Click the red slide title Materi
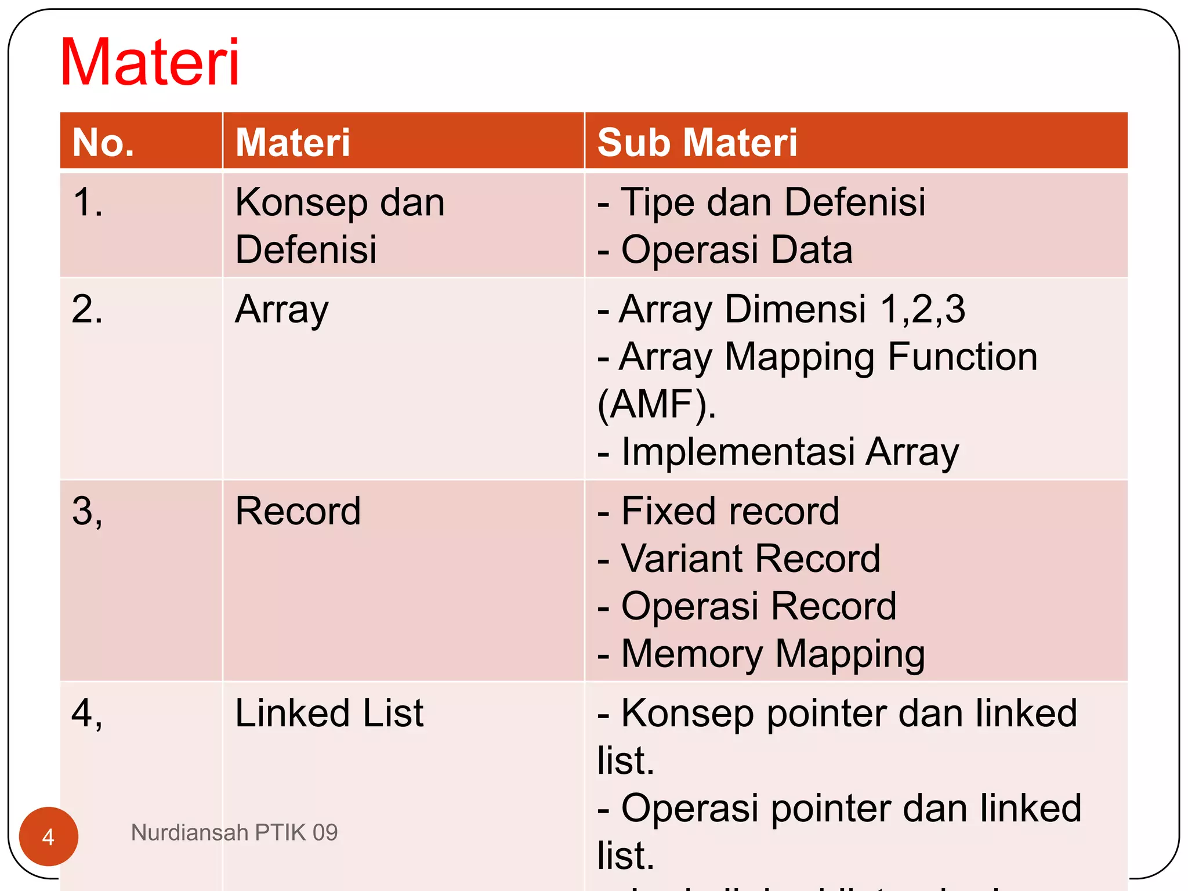tap(150, 61)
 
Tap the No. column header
tap(103, 143)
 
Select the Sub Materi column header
tap(697, 143)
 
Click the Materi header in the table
tap(293, 143)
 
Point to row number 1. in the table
tap(88, 203)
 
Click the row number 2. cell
tap(88, 309)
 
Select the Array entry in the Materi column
tap(282, 309)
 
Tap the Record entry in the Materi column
tap(298, 511)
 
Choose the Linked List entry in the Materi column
tap(329, 713)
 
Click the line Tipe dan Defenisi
tap(762, 203)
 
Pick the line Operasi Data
tap(725, 250)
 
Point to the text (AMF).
tap(657, 404)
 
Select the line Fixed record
tap(719, 511)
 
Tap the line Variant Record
tap(739, 559)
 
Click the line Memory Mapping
tap(761, 654)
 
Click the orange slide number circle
tap(49, 836)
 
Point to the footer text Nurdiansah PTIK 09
tap(234, 832)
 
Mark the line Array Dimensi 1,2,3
tap(781, 309)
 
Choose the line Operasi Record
tap(747, 606)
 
